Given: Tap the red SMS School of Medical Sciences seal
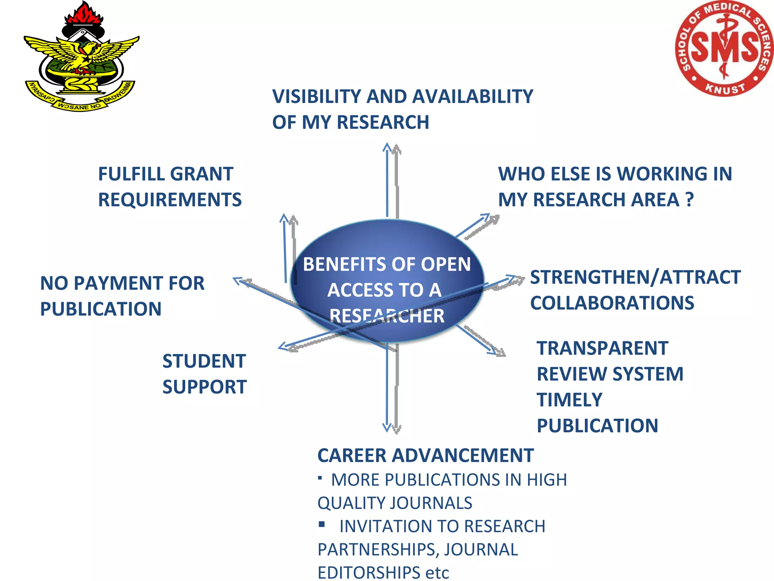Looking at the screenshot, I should click(724, 48).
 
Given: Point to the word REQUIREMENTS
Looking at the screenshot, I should click(170, 200).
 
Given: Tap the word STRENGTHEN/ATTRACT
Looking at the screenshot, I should click(635, 277).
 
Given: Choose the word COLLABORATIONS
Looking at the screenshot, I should click(612, 303).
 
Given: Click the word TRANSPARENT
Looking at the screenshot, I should click(602, 348).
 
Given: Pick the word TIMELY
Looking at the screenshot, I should click(569, 400).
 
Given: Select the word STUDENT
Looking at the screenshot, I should click(204, 361).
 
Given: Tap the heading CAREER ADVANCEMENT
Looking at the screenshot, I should click(425, 455).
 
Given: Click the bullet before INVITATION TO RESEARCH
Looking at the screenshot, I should click(322, 524).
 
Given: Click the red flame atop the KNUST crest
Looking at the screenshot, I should click(82, 13).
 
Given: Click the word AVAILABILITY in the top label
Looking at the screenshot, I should click(449, 97).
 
